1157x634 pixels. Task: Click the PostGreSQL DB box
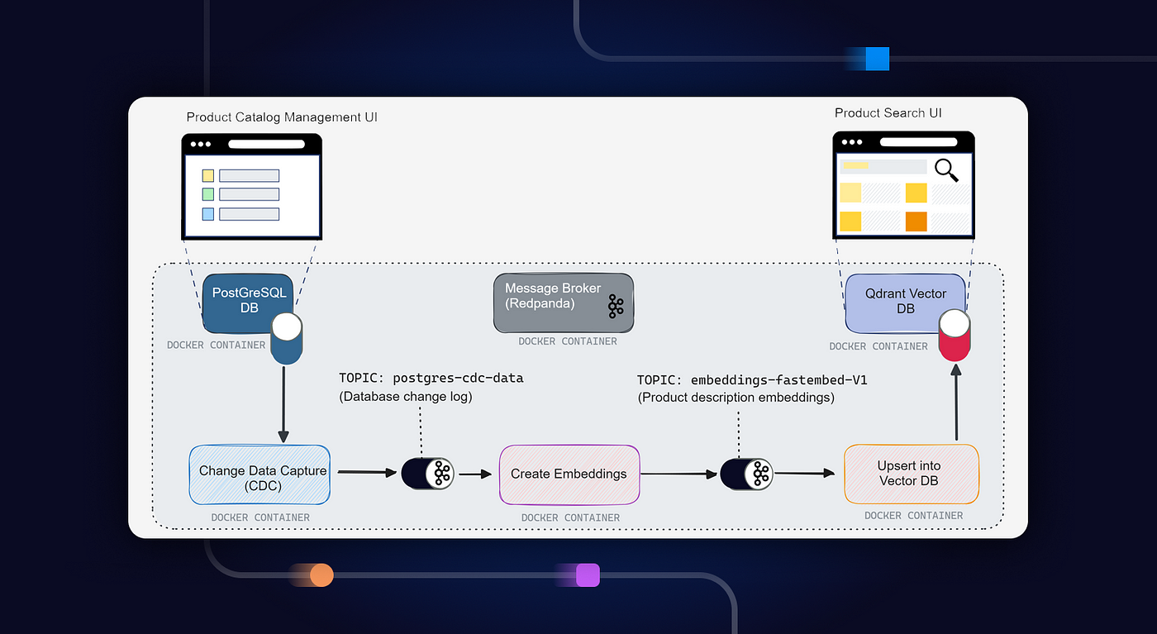pyautogui.click(x=248, y=303)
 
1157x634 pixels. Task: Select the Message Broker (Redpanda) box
pyautogui.click(x=564, y=303)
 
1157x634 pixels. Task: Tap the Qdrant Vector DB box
pyautogui.click(x=905, y=303)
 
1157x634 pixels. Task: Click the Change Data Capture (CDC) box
pyautogui.click(x=259, y=474)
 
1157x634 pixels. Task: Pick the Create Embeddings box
pyautogui.click(x=569, y=474)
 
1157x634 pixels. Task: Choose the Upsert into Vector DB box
pyautogui.click(x=911, y=474)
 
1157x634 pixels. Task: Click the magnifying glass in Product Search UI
pyautogui.click(x=946, y=170)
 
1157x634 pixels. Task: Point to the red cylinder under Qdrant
pyautogui.click(x=955, y=336)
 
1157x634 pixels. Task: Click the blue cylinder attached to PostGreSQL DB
pyautogui.click(x=287, y=338)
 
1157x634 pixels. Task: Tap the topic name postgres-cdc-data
pyautogui.click(x=458, y=379)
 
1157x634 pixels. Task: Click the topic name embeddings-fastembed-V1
pyautogui.click(x=778, y=380)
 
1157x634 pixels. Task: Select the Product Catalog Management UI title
pyautogui.click(x=282, y=117)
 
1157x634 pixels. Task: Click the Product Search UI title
pyautogui.click(x=888, y=113)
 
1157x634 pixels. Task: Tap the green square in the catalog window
pyautogui.click(x=208, y=194)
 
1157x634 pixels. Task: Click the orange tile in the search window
pyautogui.click(x=917, y=222)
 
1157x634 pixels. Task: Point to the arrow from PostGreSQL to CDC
pyautogui.click(x=283, y=404)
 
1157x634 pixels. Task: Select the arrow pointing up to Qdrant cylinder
pyautogui.click(x=956, y=402)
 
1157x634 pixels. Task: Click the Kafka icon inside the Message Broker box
pyautogui.click(x=616, y=307)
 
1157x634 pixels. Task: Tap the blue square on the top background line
pyautogui.click(x=878, y=59)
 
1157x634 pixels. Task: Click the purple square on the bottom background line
pyautogui.click(x=588, y=575)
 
